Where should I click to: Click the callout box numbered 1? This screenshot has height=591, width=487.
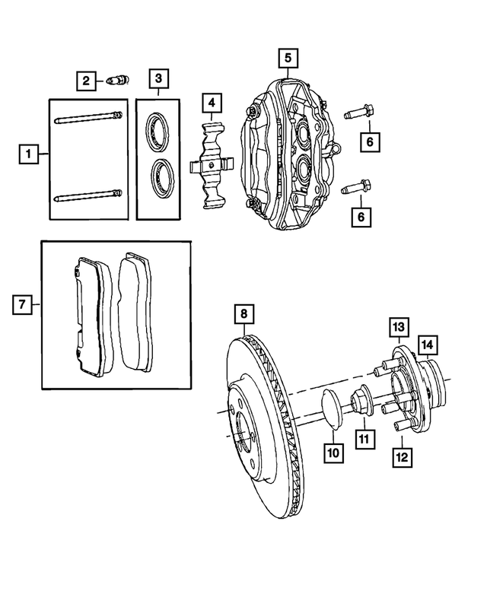[x=27, y=155]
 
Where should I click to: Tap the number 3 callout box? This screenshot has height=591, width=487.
[x=158, y=78]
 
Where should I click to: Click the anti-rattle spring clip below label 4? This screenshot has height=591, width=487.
[x=211, y=166]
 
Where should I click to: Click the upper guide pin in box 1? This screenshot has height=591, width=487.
[x=87, y=117]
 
